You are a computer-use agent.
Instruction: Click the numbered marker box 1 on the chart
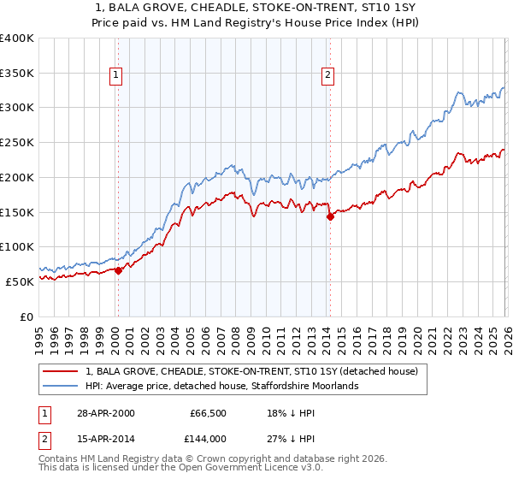coord(117,75)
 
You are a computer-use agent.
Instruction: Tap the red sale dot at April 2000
coord(118,270)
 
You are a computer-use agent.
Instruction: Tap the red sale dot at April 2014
coord(329,216)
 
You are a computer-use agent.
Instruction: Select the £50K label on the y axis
coord(20,281)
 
